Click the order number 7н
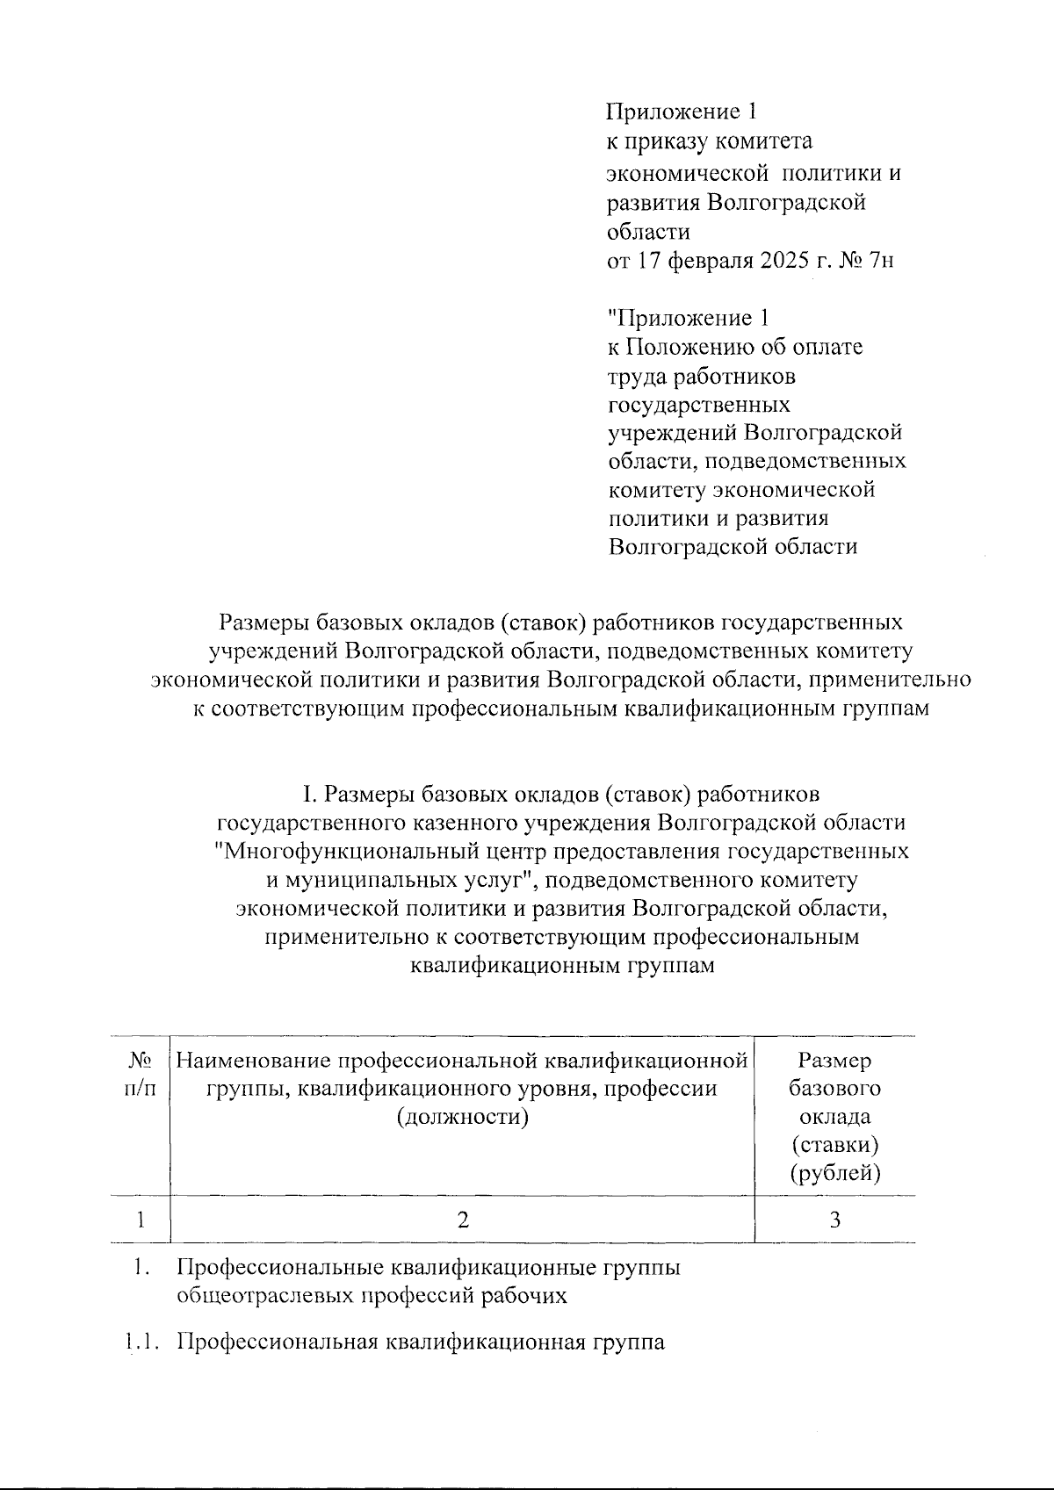pos(880,261)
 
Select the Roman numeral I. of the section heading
pos(310,794)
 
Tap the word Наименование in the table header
pos(255,1061)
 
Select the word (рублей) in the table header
pos(835,1173)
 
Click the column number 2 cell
pos(463,1219)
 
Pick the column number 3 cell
pos(835,1219)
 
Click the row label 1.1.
pos(141,1342)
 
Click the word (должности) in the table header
pos(463,1117)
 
